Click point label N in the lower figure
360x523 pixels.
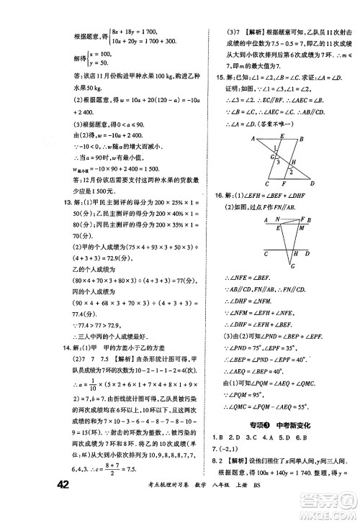(266, 220)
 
